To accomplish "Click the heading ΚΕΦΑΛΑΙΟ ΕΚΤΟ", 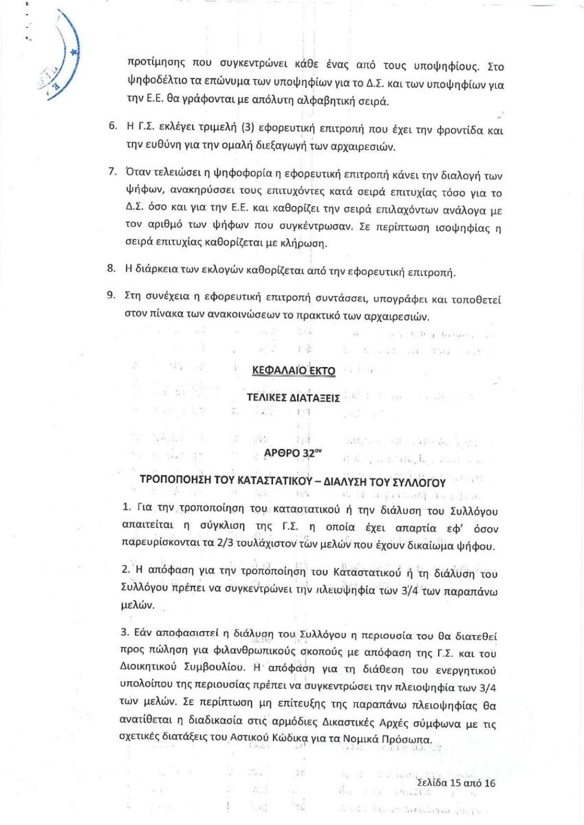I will (293, 371).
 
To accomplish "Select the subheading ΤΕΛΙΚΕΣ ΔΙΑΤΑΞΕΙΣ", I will (293, 398).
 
